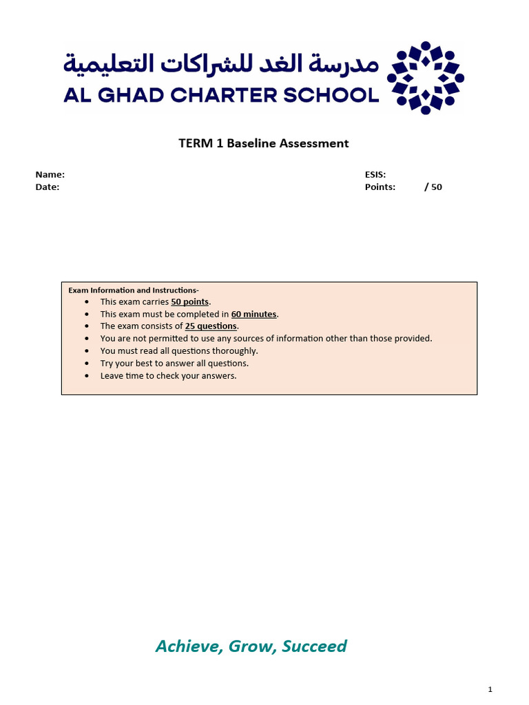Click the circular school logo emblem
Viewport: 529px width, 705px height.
coord(425,78)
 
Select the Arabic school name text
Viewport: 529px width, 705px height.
coord(221,64)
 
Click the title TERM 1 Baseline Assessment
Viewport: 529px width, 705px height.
coord(264,143)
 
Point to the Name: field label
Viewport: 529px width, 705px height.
coord(50,175)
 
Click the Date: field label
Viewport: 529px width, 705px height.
coord(48,187)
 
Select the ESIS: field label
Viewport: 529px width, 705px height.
coord(375,175)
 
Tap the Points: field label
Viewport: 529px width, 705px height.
coord(380,187)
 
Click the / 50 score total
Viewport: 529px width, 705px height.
coord(433,187)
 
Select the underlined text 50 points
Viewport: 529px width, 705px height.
coord(190,302)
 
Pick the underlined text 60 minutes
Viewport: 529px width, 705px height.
coord(253,314)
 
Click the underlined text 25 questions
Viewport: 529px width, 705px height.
coord(211,326)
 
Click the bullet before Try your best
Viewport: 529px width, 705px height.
coord(86,364)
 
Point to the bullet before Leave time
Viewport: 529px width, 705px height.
coord(86,376)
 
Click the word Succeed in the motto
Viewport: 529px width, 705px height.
coord(314,646)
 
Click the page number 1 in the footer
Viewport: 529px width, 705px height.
coord(490,689)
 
